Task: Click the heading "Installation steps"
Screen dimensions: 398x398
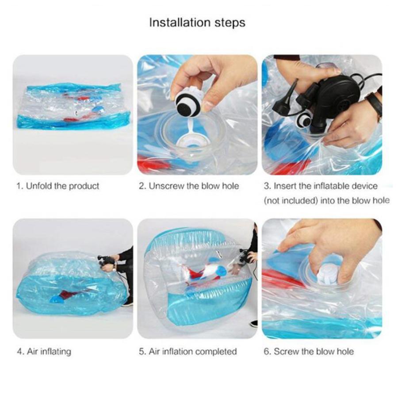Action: [197, 23]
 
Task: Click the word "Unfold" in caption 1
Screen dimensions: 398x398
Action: [38, 186]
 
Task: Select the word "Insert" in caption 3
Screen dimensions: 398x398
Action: [285, 186]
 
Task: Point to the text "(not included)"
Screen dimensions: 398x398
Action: [291, 201]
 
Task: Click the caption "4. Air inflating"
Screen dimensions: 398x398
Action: [44, 352]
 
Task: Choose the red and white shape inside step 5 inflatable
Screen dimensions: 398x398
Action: [203, 272]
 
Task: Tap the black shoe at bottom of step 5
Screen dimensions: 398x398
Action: [253, 324]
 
